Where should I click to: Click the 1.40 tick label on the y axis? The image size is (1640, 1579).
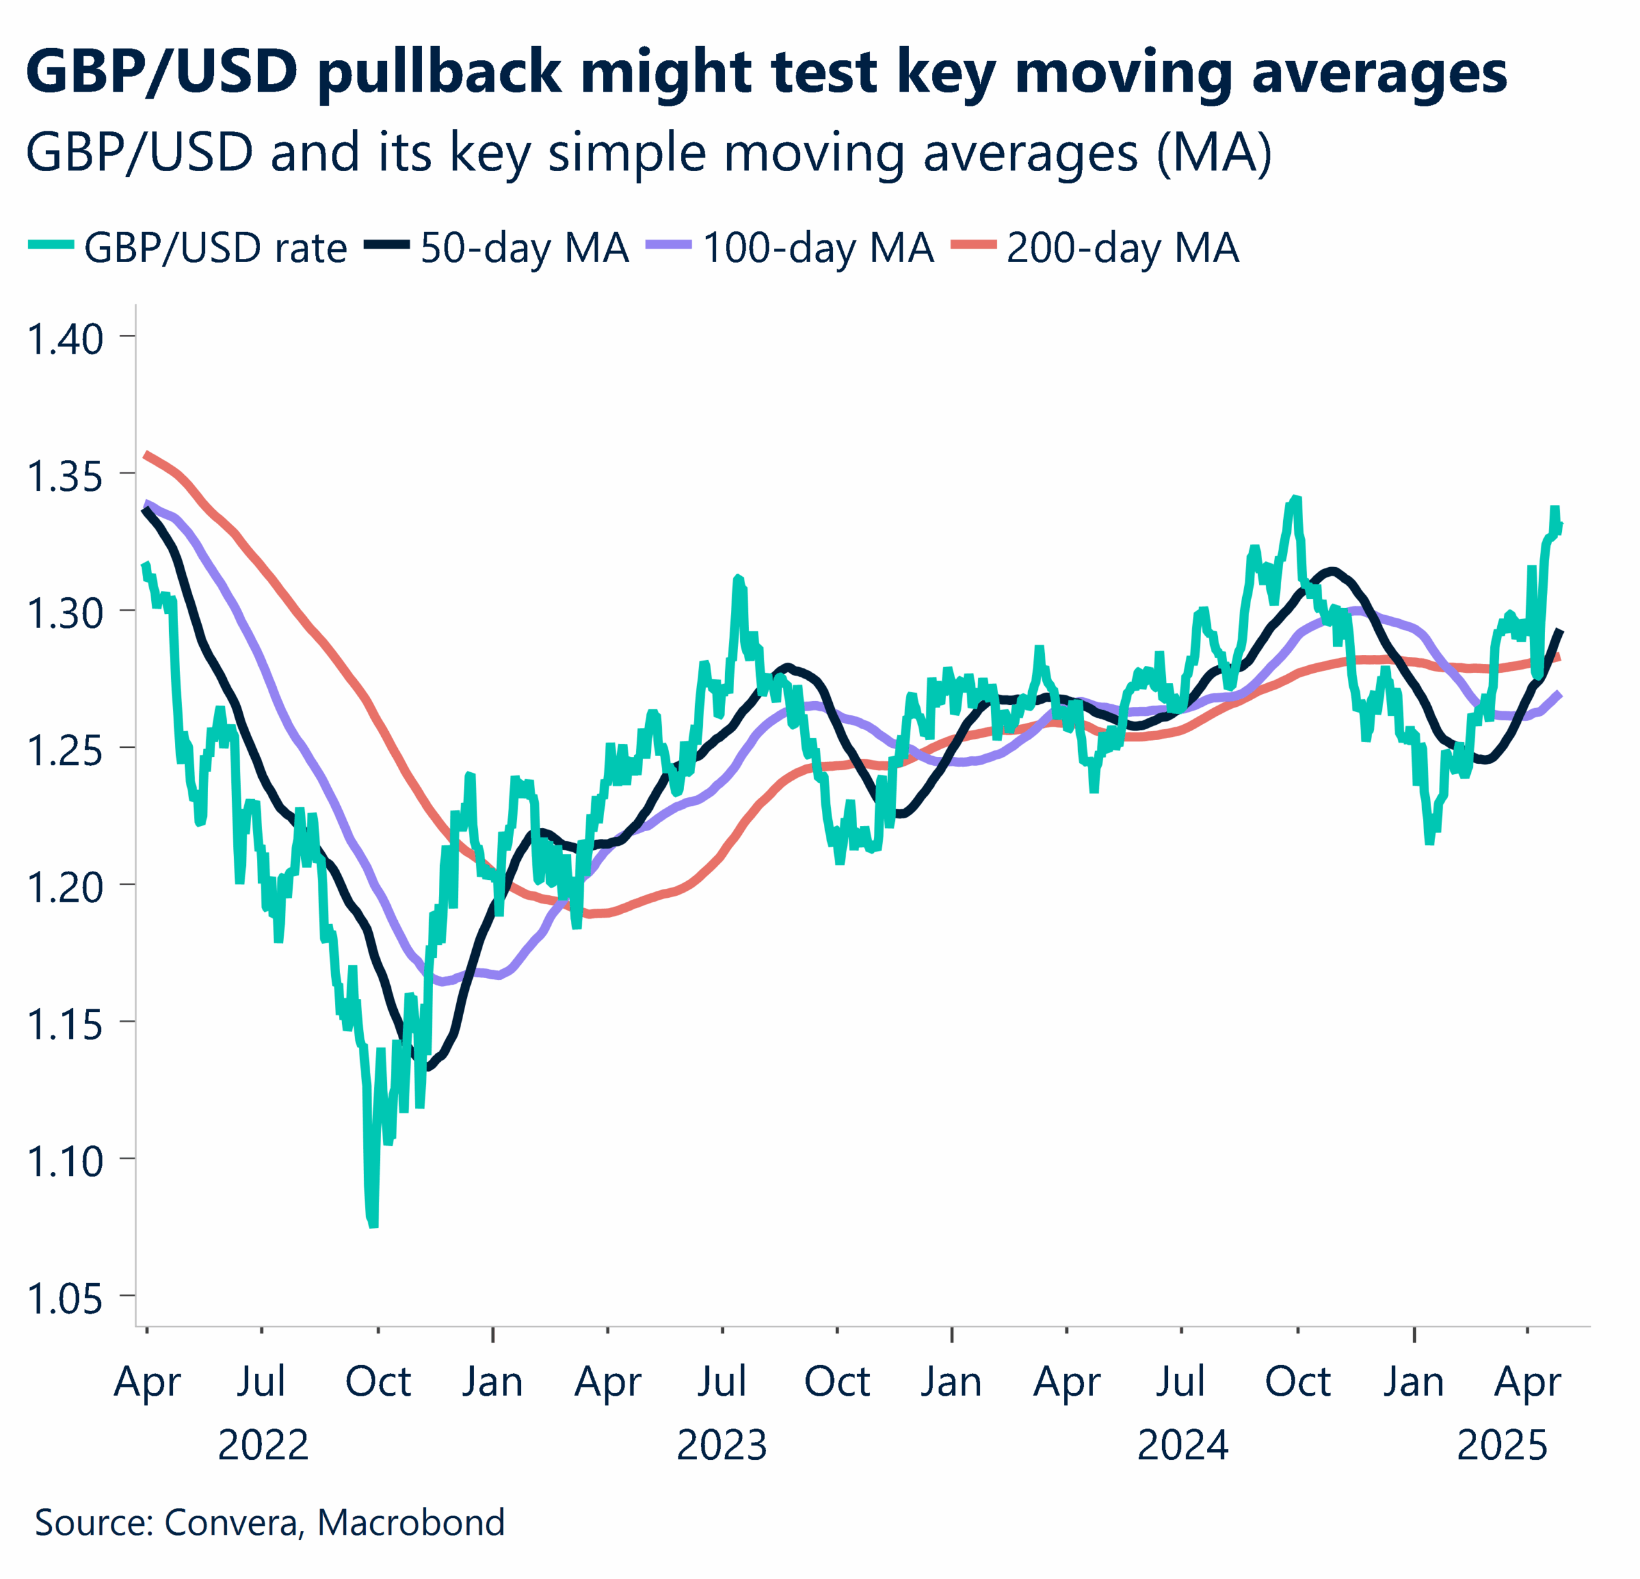[x=65, y=339]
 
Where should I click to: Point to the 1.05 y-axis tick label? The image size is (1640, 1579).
[x=65, y=1299]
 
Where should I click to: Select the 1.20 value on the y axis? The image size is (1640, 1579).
[x=65, y=887]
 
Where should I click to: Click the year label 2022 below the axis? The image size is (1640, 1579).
[x=263, y=1445]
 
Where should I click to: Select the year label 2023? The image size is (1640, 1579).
[x=721, y=1445]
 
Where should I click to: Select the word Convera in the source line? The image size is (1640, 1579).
[x=231, y=1522]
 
